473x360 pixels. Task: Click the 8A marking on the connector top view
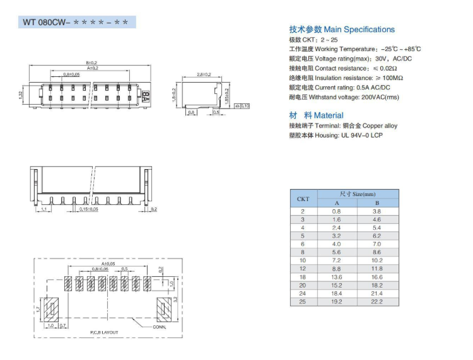[x=146, y=96]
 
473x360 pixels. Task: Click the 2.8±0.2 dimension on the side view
[x=203, y=74]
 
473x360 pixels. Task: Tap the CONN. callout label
[x=159, y=327]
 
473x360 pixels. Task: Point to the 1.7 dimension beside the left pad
[x=38, y=309]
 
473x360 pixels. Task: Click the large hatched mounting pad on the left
[x=52, y=310]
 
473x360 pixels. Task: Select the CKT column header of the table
[x=303, y=198]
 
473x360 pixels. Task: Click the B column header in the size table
[x=377, y=202]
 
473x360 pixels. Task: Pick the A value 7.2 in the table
[x=336, y=260]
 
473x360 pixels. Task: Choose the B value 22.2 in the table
[x=377, y=301]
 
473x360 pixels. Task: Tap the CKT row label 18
[x=303, y=277]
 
